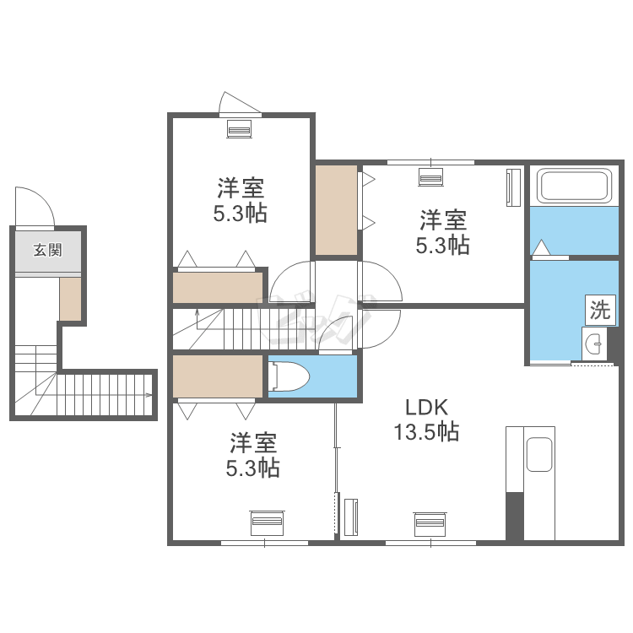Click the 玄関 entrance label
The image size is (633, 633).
47,251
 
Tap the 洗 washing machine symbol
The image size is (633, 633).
600,310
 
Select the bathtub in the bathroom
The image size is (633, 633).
575,186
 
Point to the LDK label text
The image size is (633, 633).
427,408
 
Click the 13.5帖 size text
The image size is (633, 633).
426,431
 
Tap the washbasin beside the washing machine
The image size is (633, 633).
594,344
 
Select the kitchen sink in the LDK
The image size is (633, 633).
539,454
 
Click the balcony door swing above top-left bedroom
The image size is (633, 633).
239,102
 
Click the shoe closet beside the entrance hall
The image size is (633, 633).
70,299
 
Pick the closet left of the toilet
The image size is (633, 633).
218,376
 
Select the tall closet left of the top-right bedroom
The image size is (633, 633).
336,210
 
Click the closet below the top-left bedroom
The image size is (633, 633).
218,288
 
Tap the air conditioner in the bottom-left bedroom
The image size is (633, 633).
268,522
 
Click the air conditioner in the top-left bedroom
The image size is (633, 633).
240,129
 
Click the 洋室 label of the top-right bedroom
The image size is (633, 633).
443,219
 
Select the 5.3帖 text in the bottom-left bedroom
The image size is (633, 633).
252,468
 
